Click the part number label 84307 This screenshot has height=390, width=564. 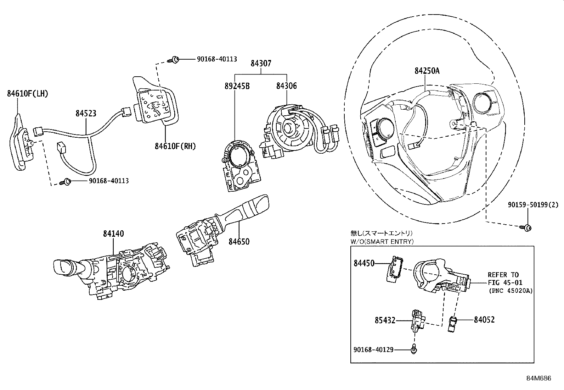(x=261, y=64)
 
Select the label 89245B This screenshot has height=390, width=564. (x=237, y=86)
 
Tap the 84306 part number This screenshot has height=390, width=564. (x=286, y=86)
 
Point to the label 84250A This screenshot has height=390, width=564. (x=427, y=71)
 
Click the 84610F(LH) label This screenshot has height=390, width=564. (x=27, y=94)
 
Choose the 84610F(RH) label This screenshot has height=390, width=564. (x=175, y=146)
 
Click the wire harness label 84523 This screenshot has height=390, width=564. (x=86, y=113)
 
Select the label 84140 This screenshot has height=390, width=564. (x=113, y=234)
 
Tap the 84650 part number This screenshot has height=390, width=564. (x=239, y=242)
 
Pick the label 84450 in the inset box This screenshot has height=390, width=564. (x=364, y=263)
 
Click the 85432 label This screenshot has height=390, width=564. (x=385, y=320)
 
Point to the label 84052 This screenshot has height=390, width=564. (x=484, y=320)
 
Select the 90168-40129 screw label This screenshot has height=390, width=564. (x=373, y=350)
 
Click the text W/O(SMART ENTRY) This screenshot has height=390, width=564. (x=382, y=241)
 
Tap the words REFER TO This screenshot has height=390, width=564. (x=503, y=275)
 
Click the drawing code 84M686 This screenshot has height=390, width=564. (x=538, y=378)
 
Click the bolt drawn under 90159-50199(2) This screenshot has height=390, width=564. (x=526, y=227)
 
